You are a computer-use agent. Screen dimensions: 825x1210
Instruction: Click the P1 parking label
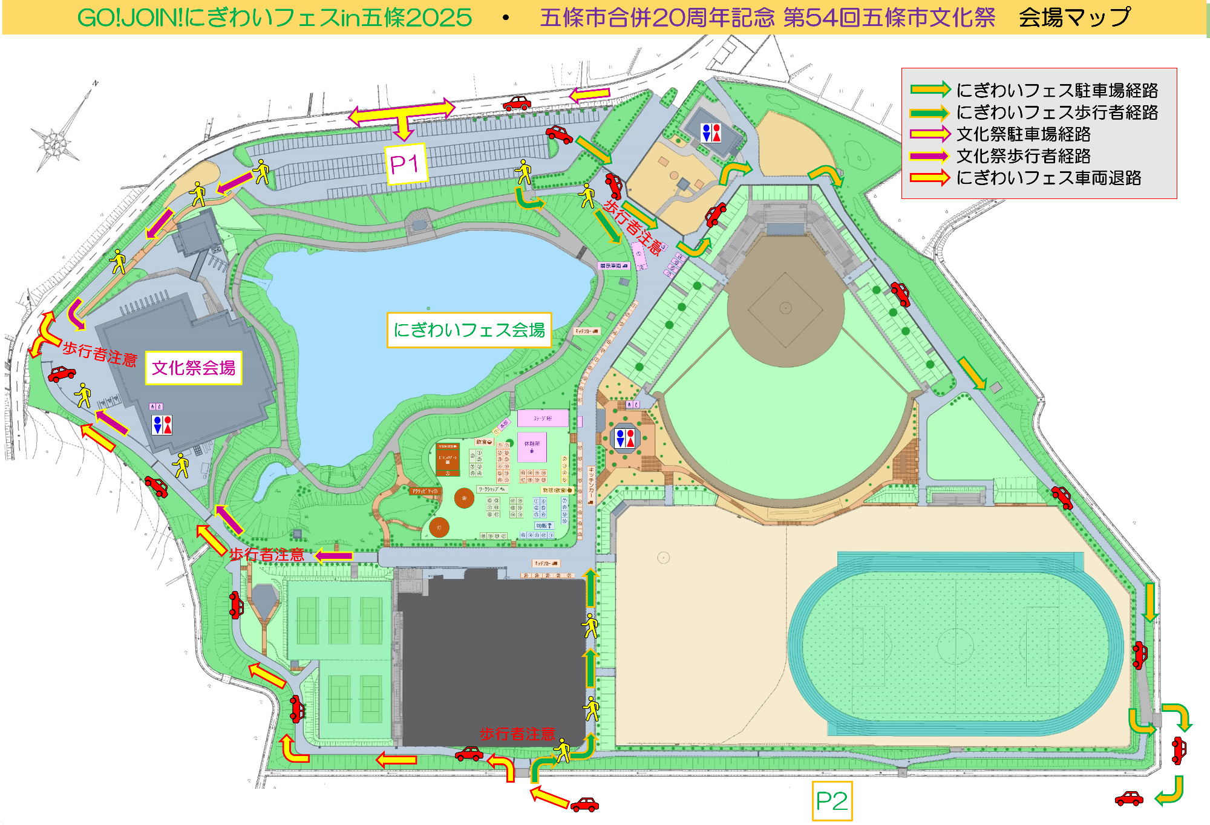click(405, 164)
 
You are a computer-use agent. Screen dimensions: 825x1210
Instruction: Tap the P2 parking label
click(832, 801)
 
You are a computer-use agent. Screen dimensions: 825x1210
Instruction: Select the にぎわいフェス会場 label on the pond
click(469, 330)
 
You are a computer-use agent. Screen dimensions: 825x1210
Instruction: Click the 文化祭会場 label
click(194, 368)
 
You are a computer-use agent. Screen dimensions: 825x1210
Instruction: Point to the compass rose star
click(55, 144)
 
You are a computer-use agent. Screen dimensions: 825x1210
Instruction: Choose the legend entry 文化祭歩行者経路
click(1023, 156)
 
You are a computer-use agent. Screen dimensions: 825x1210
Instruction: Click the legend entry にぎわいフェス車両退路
click(1048, 178)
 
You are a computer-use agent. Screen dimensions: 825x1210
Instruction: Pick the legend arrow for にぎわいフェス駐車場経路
click(930, 90)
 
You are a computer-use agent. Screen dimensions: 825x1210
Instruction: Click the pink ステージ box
click(543, 418)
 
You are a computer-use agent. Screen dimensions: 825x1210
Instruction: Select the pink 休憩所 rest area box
click(532, 447)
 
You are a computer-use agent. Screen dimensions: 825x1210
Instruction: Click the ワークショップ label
click(491, 489)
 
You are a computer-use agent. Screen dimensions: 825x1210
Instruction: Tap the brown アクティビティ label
click(425, 491)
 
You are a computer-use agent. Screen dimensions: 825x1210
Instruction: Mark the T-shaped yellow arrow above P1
click(401, 115)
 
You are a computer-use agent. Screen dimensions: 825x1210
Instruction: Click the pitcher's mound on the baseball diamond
click(785, 308)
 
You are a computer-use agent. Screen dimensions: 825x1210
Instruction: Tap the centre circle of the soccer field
click(955, 645)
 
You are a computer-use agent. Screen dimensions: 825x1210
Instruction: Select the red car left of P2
click(584, 804)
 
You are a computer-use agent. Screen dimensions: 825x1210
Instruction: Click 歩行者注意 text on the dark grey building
click(517, 734)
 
